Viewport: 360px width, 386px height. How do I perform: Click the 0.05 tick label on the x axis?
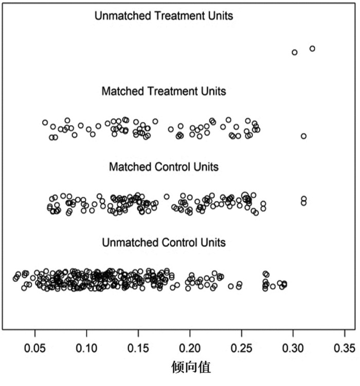pyautogui.click(x=34, y=348)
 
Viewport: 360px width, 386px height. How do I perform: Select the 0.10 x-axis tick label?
pyautogui.click(x=86, y=348)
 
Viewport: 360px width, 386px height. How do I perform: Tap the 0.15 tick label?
pyautogui.click(x=138, y=348)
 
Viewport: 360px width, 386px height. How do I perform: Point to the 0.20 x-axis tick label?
pyautogui.click(x=190, y=348)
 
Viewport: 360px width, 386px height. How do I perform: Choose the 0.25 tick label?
pyautogui.click(x=241, y=348)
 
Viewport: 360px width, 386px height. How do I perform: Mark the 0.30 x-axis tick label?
pyautogui.click(x=293, y=348)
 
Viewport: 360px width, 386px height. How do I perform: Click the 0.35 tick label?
pyautogui.click(x=345, y=348)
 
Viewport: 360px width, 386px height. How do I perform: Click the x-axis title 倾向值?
pyautogui.click(x=191, y=367)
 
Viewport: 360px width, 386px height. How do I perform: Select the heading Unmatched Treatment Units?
pyautogui.click(x=164, y=16)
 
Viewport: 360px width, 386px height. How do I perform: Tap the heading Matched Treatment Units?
pyautogui.click(x=164, y=91)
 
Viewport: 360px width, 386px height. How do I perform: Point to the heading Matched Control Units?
pyautogui.click(x=164, y=167)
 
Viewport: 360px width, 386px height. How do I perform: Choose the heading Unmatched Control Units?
pyautogui.click(x=164, y=242)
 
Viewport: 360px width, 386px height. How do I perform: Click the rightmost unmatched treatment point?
pyautogui.click(x=312, y=49)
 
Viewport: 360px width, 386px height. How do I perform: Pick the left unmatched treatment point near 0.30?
pyautogui.click(x=295, y=52)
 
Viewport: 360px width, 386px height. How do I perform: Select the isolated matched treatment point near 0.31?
pyautogui.click(x=303, y=136)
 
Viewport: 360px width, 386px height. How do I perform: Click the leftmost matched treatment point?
pyautogui.click(x=45, y=122)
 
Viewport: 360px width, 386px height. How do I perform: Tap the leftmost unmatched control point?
pyautogui.click(x=15, y=278)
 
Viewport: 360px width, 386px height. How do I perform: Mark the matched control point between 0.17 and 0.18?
pyautogui.click(x=167, y=197)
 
